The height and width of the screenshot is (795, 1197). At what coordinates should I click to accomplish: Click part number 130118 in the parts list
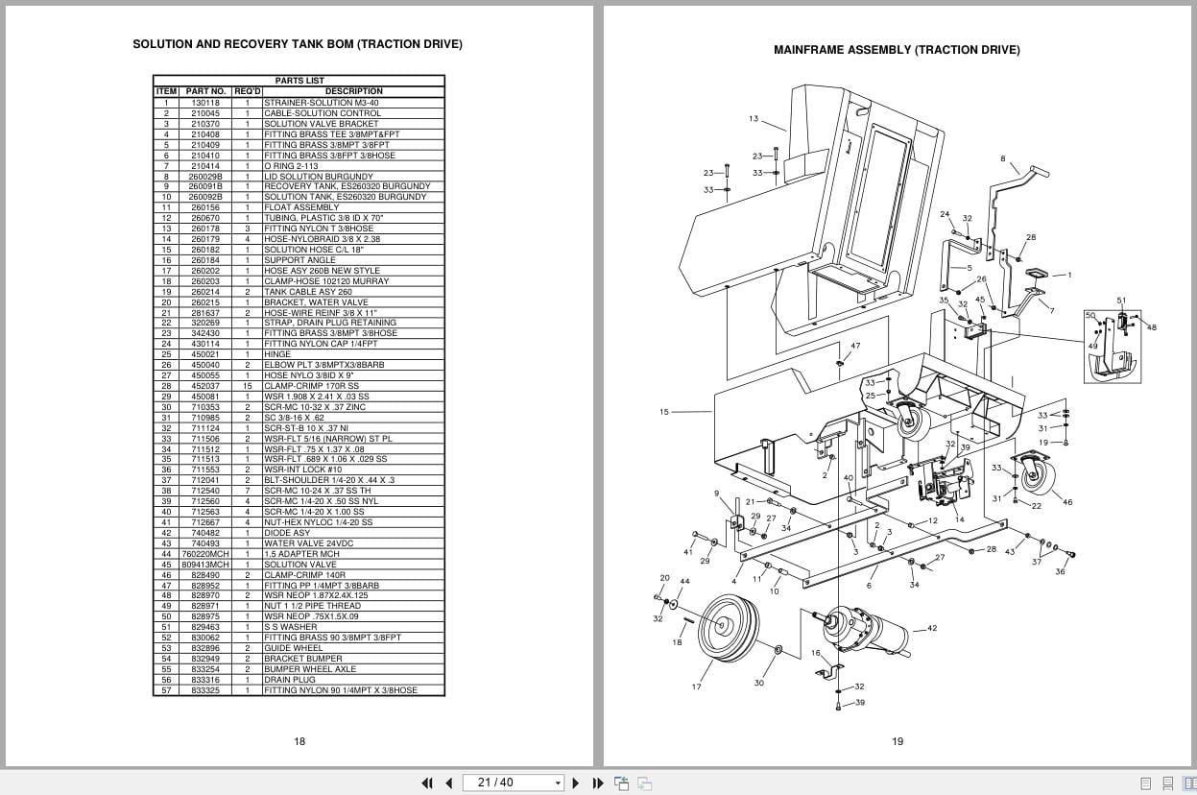pos(204,103)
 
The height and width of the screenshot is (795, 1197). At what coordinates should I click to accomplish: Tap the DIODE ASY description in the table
pos(287,533)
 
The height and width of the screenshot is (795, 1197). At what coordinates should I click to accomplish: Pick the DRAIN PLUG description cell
pos(289,680)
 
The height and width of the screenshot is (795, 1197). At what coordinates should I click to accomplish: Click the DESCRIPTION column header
pos(353,91)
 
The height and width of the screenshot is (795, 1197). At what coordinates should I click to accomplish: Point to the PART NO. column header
pos(205,91)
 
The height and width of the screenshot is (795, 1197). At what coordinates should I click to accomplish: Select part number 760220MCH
pos(205,554)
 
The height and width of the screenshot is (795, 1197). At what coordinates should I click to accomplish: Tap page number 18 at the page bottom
pos(299,741)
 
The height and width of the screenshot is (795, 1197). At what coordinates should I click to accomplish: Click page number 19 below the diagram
pos(898,741)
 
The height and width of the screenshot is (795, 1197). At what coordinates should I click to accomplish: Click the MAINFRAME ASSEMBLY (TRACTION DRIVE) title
pos(897,50)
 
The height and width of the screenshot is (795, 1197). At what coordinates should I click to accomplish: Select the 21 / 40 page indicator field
pos(513,783)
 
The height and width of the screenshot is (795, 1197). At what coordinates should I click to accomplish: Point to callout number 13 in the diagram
pos(754,119)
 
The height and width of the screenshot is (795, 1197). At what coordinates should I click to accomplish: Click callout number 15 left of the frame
pos(664,412)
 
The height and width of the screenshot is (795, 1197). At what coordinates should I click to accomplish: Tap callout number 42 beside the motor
pos(932,628)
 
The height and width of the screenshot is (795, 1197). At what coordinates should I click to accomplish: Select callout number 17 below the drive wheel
pos(696,687)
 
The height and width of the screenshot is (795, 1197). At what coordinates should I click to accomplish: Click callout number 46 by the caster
pos(1068,502)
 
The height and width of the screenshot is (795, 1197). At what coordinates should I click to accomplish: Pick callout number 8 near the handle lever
pos(1003,158)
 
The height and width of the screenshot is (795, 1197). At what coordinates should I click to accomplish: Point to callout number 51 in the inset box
pos(1121,301)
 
